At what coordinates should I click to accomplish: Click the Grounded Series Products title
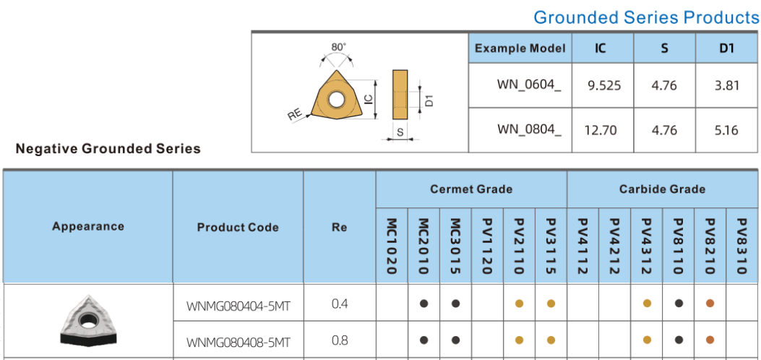646,17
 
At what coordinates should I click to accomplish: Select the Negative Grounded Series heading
108,149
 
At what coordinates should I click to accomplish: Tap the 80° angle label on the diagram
338,47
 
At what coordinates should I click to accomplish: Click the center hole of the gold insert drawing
336,98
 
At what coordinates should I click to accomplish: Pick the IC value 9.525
604,85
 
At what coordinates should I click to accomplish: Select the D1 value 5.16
726,130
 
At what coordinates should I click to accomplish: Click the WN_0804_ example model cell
529,130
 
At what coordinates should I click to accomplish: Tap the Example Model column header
520,48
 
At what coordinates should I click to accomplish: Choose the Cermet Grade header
471,189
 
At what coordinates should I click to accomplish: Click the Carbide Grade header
662,189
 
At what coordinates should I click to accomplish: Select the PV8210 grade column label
710,247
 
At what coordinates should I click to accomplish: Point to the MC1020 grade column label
392,247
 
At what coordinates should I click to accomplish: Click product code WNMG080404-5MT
238,304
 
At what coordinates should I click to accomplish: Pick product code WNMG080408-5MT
238,341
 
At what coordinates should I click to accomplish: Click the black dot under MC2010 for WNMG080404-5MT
424,304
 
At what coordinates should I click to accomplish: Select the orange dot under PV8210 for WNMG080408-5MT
710,340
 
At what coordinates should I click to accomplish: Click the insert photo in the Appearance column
88,321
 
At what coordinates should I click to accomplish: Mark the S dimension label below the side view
400,132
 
